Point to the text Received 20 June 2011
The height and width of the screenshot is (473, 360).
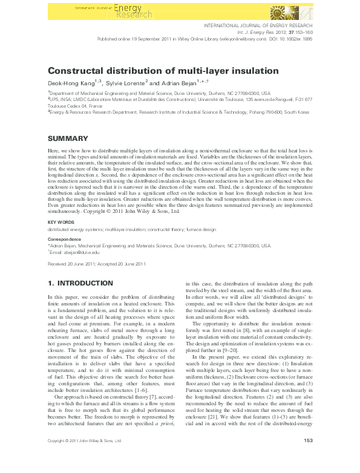pyautogui.click(x=71, y=265)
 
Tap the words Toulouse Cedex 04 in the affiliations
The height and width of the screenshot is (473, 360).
pyautogui.click(x=67, y=105)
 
